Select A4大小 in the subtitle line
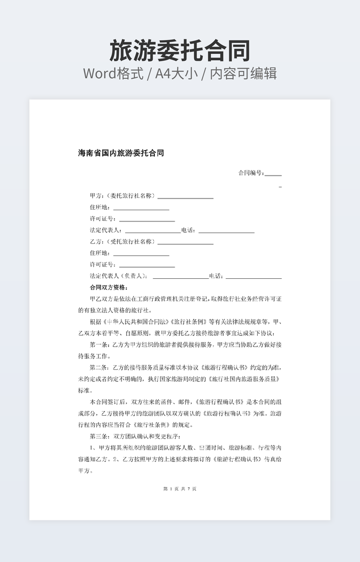click(x=179, y=73)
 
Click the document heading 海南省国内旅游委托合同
click(x=121, y=153)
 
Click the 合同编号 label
click(x=250, y=173)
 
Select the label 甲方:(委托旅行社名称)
click(x=123, y=196)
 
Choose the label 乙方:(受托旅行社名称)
click(x=123, y=242)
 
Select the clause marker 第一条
click(x=100, y=345)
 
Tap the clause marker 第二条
click(x=100, y=368)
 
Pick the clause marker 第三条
click(x=100, y=436)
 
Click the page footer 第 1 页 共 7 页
click(x=179, y=489)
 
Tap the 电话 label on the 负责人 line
click(x=216, y=276)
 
